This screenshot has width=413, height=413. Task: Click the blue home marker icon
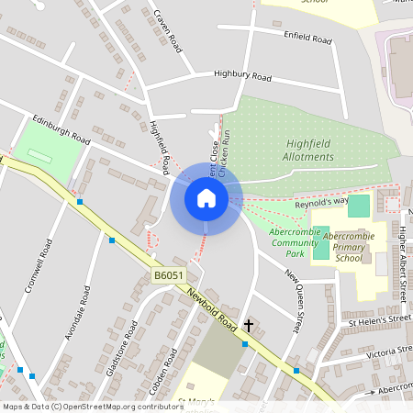[x=206, y=198]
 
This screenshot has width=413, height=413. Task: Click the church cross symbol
[x=248, y=325]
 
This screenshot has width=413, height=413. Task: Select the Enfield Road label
[x=307, y=39]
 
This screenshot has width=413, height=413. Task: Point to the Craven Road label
[x=170, y=30]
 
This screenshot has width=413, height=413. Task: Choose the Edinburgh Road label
[x=61, y=129]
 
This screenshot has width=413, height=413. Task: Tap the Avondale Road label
[x=78, y=313]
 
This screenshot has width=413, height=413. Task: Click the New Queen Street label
[x=295, y=300]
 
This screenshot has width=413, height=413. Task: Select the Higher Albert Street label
[x=402, y=265]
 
